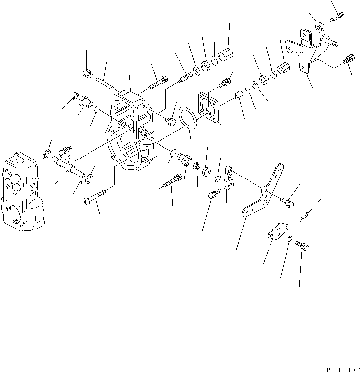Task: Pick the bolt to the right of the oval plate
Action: [302, 248]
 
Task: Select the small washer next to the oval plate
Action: [290, 238]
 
